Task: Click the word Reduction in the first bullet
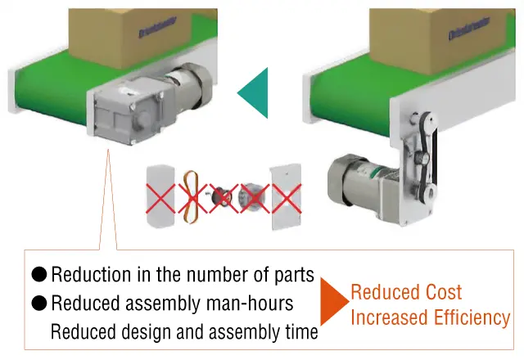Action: click(91, 275)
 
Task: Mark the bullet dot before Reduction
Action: click(39, 275)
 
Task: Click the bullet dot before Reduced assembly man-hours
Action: click(39, 304)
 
